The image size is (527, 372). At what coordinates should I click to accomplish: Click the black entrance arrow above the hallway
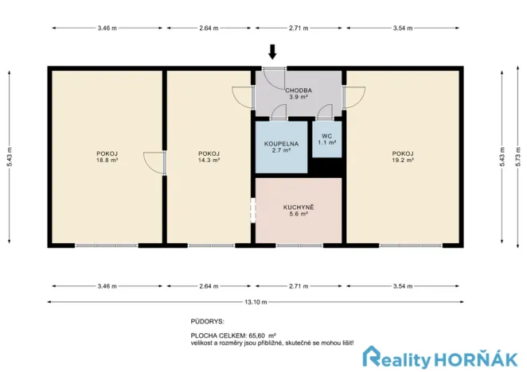(273, 52)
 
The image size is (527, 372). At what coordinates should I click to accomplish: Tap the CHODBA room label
(299, 95)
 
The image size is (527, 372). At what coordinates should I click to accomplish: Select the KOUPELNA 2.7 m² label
(280, 146)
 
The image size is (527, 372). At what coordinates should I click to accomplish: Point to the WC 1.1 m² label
(327, 138)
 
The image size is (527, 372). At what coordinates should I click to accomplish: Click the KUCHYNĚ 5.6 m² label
(299, 210)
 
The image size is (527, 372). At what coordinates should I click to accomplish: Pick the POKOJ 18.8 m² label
(107, 157)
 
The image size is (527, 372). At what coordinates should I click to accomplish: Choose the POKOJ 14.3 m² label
(209, 157)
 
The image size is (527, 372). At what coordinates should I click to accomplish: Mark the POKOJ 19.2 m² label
(403, 157)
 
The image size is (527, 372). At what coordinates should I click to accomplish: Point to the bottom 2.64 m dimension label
(209, 285)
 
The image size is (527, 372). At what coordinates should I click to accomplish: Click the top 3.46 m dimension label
(107, 28)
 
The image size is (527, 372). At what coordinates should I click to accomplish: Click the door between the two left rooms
(156, 161)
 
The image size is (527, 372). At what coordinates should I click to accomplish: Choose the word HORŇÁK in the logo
(483, 358)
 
